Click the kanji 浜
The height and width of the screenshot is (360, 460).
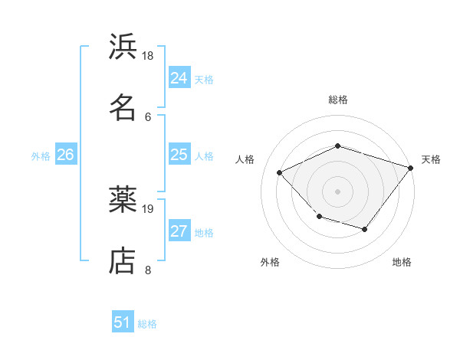(123, 47)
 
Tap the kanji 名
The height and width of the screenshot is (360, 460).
(123, 107)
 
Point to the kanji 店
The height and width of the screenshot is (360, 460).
(123, 260)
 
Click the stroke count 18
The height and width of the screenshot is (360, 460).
(148, 56)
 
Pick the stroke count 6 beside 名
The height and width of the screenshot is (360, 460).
(148, 116)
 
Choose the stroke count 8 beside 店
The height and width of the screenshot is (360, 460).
(148, 269)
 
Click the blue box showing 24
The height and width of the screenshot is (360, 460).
(179, 78)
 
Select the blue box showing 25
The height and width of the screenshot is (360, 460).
(179, 155)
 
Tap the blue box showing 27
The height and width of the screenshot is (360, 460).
(179, 231)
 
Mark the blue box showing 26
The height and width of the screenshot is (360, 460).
(65, 155)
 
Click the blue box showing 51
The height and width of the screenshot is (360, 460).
(123, 322)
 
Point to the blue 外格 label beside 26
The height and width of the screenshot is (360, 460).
(41, 156)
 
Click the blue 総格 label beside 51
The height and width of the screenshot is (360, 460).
(147, 324)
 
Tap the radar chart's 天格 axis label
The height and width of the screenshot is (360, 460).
(431, 159)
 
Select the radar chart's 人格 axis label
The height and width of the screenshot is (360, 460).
(245, 159)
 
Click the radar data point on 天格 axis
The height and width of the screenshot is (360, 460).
(412, 167)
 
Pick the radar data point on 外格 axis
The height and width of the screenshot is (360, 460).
(319, 217)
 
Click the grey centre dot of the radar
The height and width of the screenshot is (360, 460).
(337, 191)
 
